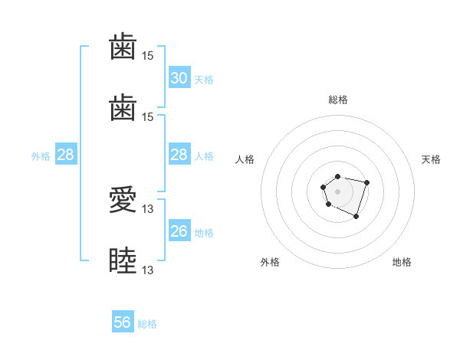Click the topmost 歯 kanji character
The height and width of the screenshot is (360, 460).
pos(123,46)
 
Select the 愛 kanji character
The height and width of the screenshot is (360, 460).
pos(123,199)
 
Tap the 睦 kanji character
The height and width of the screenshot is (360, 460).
pos(123,260)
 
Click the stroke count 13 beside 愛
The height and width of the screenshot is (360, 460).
pos(147,209)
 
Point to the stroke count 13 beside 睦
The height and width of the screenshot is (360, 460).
pos(147,270)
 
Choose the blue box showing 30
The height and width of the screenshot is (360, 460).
pos(179,77)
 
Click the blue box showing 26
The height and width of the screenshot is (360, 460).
pos(179,230)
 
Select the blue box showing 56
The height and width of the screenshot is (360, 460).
pos(123,321)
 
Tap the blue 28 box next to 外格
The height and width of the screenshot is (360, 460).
pos(66,154)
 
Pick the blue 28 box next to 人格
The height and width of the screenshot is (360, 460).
pos(179,154)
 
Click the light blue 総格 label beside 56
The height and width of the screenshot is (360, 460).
pos(147,324)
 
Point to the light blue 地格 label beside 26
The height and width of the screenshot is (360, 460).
pos(204,233)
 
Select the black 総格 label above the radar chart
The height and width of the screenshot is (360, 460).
pos(338,100)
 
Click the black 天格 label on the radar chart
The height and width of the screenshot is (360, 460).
pos(431,159)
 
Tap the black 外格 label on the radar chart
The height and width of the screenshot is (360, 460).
pos(270,262)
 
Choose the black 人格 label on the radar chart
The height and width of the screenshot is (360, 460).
pos(245,159)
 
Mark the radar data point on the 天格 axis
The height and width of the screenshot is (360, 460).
pos(366,182)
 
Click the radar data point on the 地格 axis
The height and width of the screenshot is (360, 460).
pos(356,217)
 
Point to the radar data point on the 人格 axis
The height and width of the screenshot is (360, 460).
pos(324,187)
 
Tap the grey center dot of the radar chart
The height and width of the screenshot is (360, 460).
pos(337,191)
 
